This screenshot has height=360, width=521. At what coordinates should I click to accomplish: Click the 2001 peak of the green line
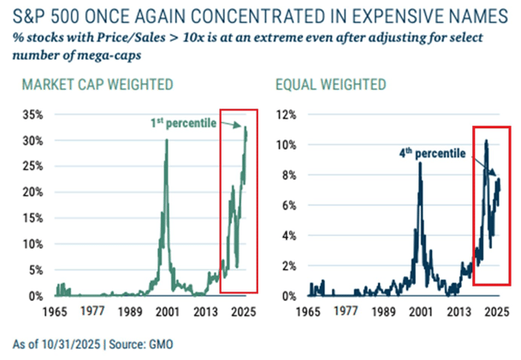click(x=166, y=140)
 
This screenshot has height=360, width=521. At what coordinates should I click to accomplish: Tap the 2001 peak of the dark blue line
click(x=420, y=162)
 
